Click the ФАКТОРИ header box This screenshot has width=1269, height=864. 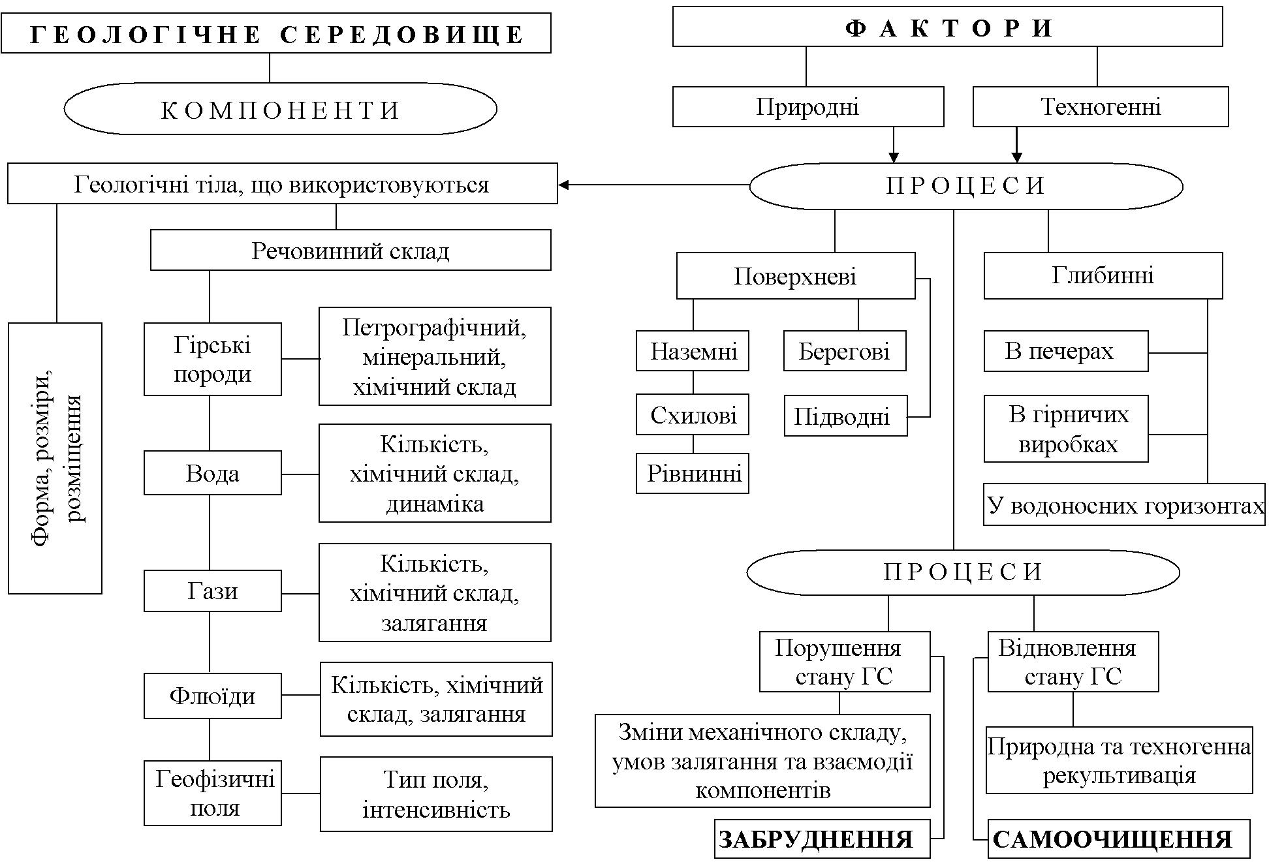tap(947, 27)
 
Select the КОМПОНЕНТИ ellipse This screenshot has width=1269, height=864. tap(280, 109)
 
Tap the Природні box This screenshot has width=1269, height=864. tap(807, 106)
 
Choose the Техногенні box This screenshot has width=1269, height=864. tap(1100, 106)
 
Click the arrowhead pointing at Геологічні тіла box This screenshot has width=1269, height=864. tap(563, 185)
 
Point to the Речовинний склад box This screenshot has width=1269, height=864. tap(351, 250)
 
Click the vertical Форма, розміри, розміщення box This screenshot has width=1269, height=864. tap(55, 458)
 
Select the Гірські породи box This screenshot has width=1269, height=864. tap(212, 359)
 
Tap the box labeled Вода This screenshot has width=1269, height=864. tap(212, 472)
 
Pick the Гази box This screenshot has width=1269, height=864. tap(212, 591)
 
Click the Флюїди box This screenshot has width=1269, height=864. tap(212, 696)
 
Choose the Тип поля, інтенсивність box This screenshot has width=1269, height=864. tap(436, 794)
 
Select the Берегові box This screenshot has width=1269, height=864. tap(844, 351)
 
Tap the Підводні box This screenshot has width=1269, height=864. tap(845, 416)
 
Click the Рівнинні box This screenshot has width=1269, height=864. tap(693, 473)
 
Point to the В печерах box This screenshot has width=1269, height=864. tap(1065, 351)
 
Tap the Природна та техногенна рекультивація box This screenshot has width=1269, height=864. tap(1119, 760)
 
